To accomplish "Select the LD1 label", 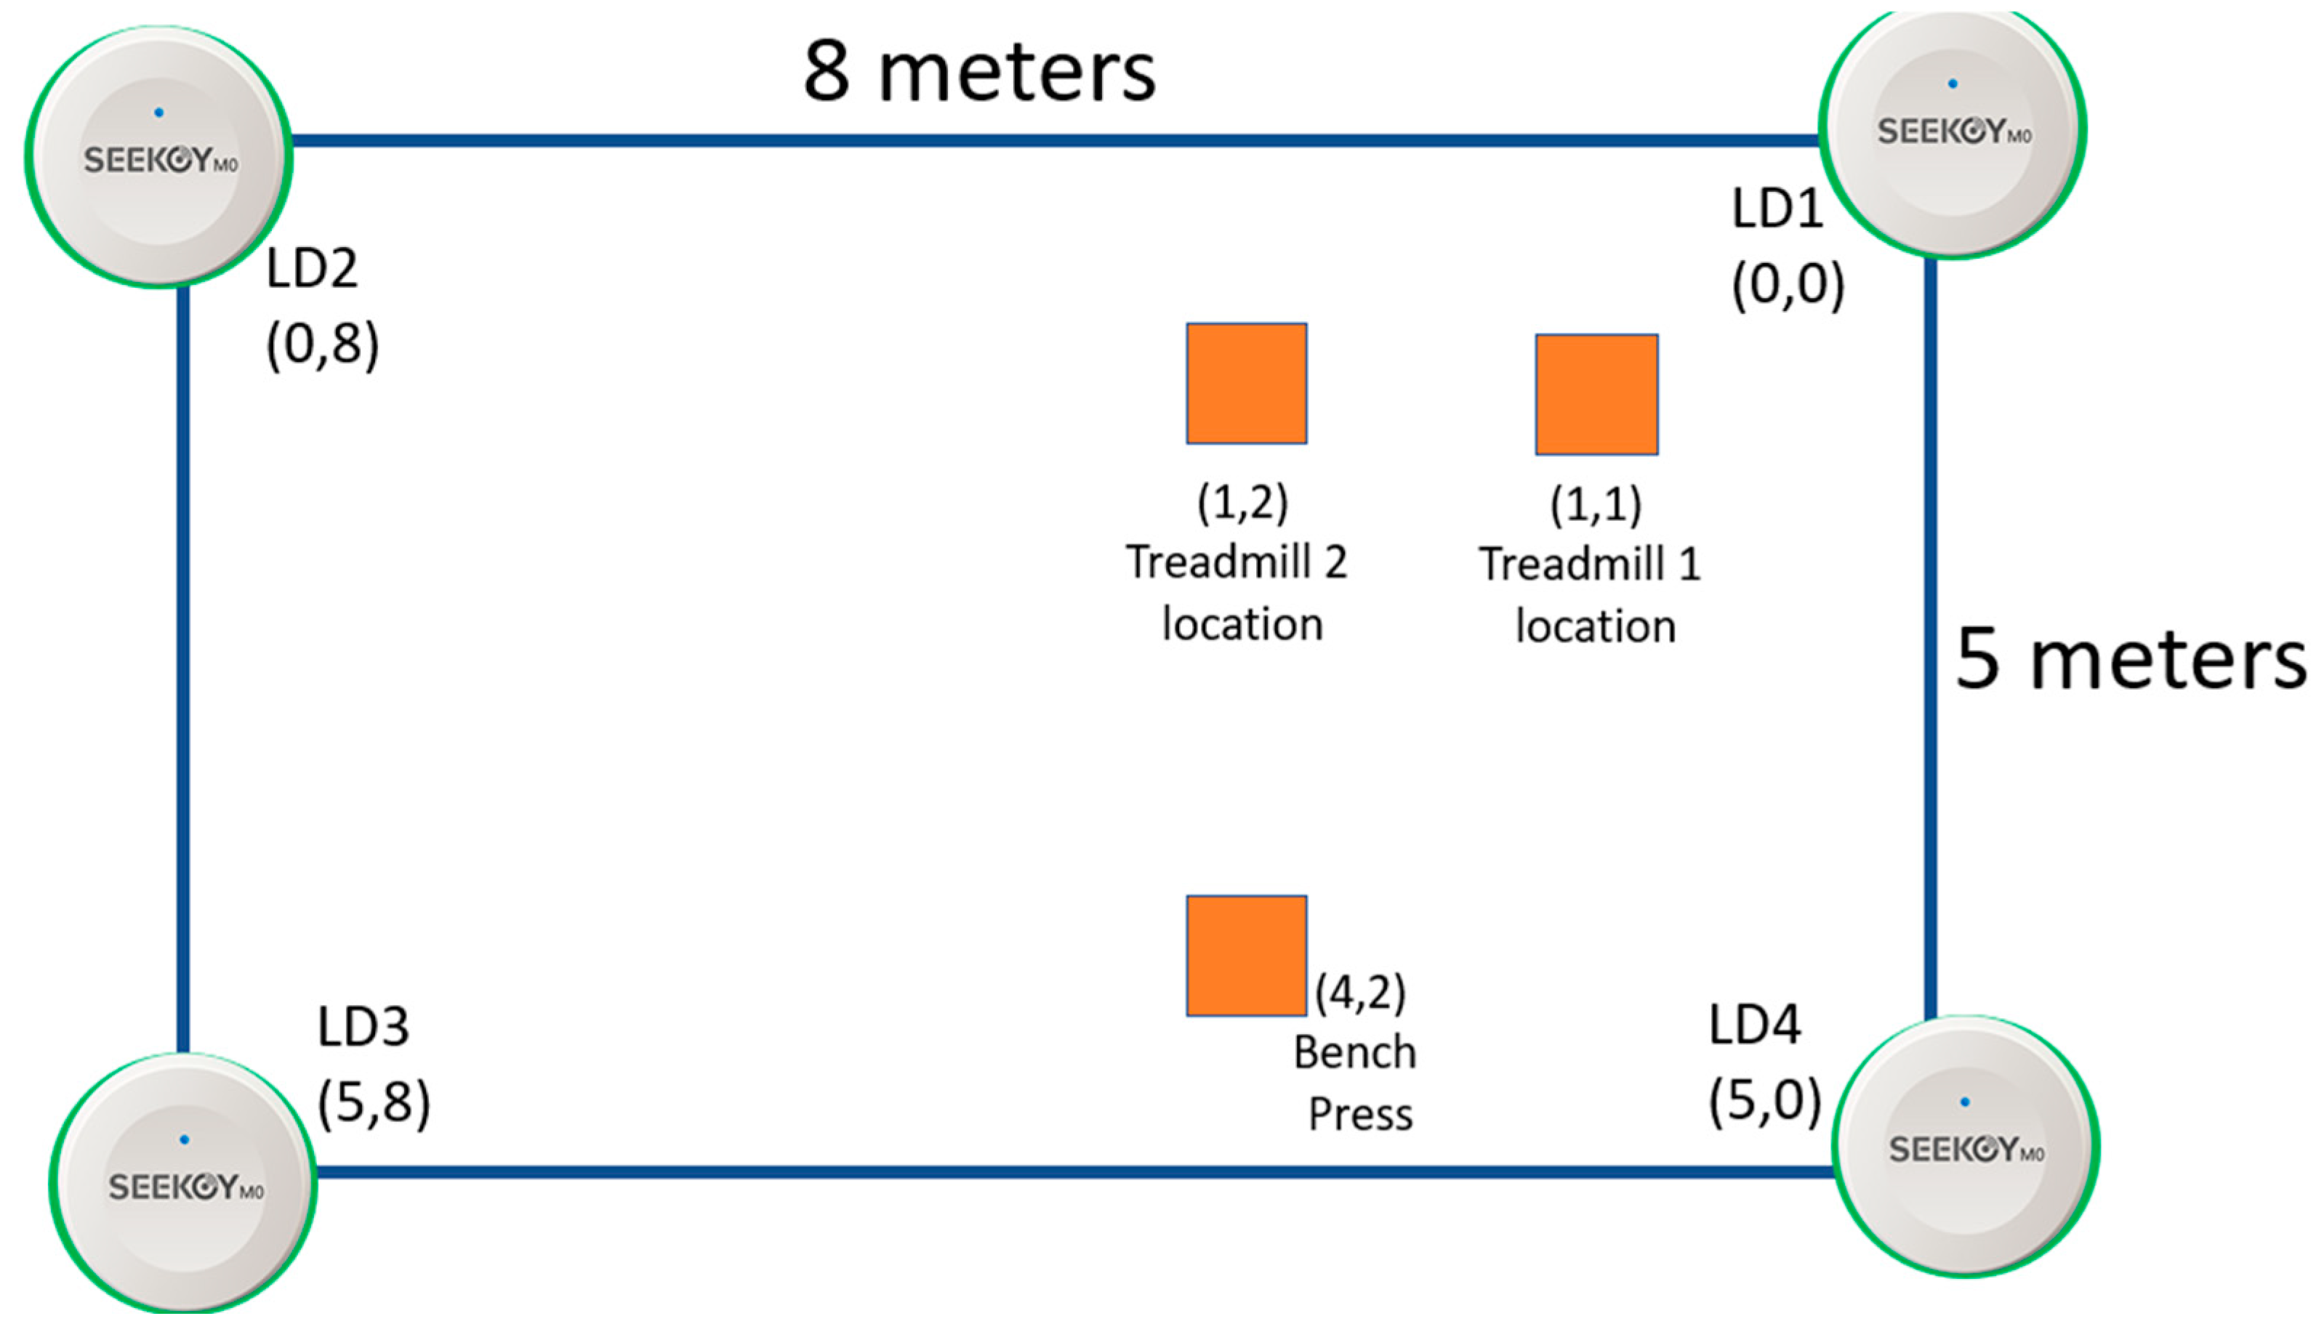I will pyautogui.click(x=1777, y=209).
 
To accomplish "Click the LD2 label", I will pyautogui.click(x=311, y=269).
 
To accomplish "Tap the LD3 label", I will pyautogui.click(x=363, y=1027).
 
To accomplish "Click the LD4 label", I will pyautogui.click(x=1754, y=1025).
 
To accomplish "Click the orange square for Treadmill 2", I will pyautogui.click(x=1246, y=383).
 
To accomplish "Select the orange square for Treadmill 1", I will pyautogui.click(x=1596, y=395).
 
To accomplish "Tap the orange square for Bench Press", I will pyautogui.click(x=1246, y=956).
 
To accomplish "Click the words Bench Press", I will pyautogui.click(x=1356, y=1083).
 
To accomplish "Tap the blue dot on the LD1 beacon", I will pyautogui.click(x=1953, y=84).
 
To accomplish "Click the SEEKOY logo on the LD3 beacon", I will pyautogui.click(x=186, y=1187).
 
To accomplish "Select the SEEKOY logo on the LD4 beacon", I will pyautogui.click(x=1966, y=1149).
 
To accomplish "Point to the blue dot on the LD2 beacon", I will pyautogui.click(x=159, y=113).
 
